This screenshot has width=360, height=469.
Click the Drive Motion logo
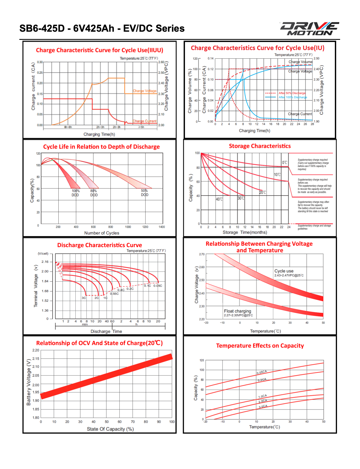[x=310, y=29]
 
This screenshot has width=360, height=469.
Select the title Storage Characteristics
[x=260, y=146]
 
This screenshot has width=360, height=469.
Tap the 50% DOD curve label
[x=145, y=193]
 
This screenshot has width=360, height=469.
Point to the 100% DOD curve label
[x=75, y=193]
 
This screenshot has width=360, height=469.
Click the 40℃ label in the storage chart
[x=219, y=199]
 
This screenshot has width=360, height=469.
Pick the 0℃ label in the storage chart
[x=285, y=162]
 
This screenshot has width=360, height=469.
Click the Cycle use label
[x=284, y=271]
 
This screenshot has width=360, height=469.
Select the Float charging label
[x=237, y=311]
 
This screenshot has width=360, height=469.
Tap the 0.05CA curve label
[x=262, y=372]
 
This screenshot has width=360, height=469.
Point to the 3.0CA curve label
[x=263, y=406]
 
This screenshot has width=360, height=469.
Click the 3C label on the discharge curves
[x=84, y=298]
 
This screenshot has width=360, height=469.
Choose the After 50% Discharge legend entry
[x=292, y=93]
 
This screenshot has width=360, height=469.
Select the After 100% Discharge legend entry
[x=292, y=97]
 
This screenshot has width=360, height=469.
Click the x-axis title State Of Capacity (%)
[x=110, y=429]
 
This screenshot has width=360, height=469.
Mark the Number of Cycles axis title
[x=102, y=233]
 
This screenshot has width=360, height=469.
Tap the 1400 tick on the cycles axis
[x=162, y=227]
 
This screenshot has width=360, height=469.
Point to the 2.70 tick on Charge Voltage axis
[x=202, y=254]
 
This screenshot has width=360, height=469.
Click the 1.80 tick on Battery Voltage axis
[x=36, y=418]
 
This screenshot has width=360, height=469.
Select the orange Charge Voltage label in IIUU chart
[x=145, y=91]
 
